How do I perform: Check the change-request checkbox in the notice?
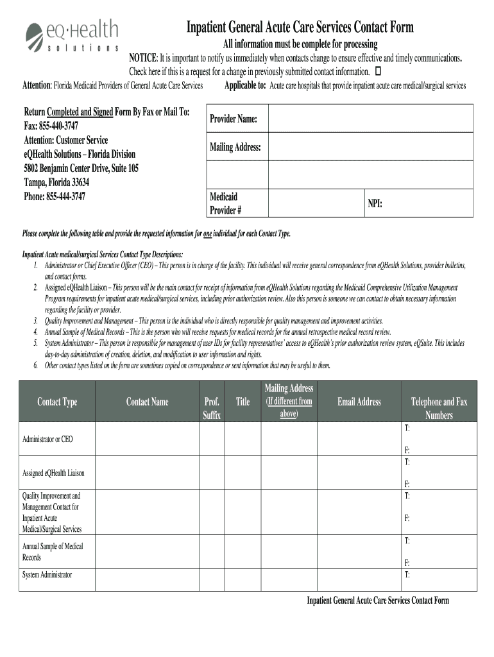(x=377, y=71)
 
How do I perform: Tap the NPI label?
(x=375, y=203)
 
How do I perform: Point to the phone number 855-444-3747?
(x=55, y=197)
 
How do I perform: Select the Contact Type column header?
(x=57, y=402)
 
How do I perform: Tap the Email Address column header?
(x=359, y=402)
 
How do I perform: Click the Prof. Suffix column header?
(x=212, y=408)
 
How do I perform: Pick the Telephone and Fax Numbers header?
(x=439, y=408)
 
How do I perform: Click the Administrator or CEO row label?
(x=47, y=439)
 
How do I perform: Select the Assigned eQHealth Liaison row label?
(x=53, y=473)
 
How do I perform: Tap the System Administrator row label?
(x=47, y=575)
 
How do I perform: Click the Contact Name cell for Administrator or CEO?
(x=147, y=439)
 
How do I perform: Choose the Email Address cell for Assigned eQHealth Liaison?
(x=359, y=473)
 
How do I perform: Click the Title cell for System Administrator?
(x=243, y=578)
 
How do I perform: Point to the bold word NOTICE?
(x=144, y=57)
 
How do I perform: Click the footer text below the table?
(x=378, y=601)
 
